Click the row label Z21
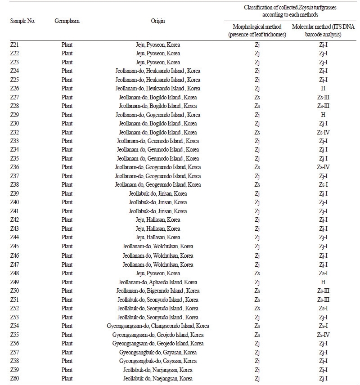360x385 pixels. [15, 45]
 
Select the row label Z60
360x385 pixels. [15, 378]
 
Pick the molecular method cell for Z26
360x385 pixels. [323, 89]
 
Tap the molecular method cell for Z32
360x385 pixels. [323, 132]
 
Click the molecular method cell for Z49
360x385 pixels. [323, 282]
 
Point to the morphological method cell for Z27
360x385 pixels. [257, 97]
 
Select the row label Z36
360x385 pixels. [15, 167]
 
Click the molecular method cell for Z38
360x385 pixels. [323, 185]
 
